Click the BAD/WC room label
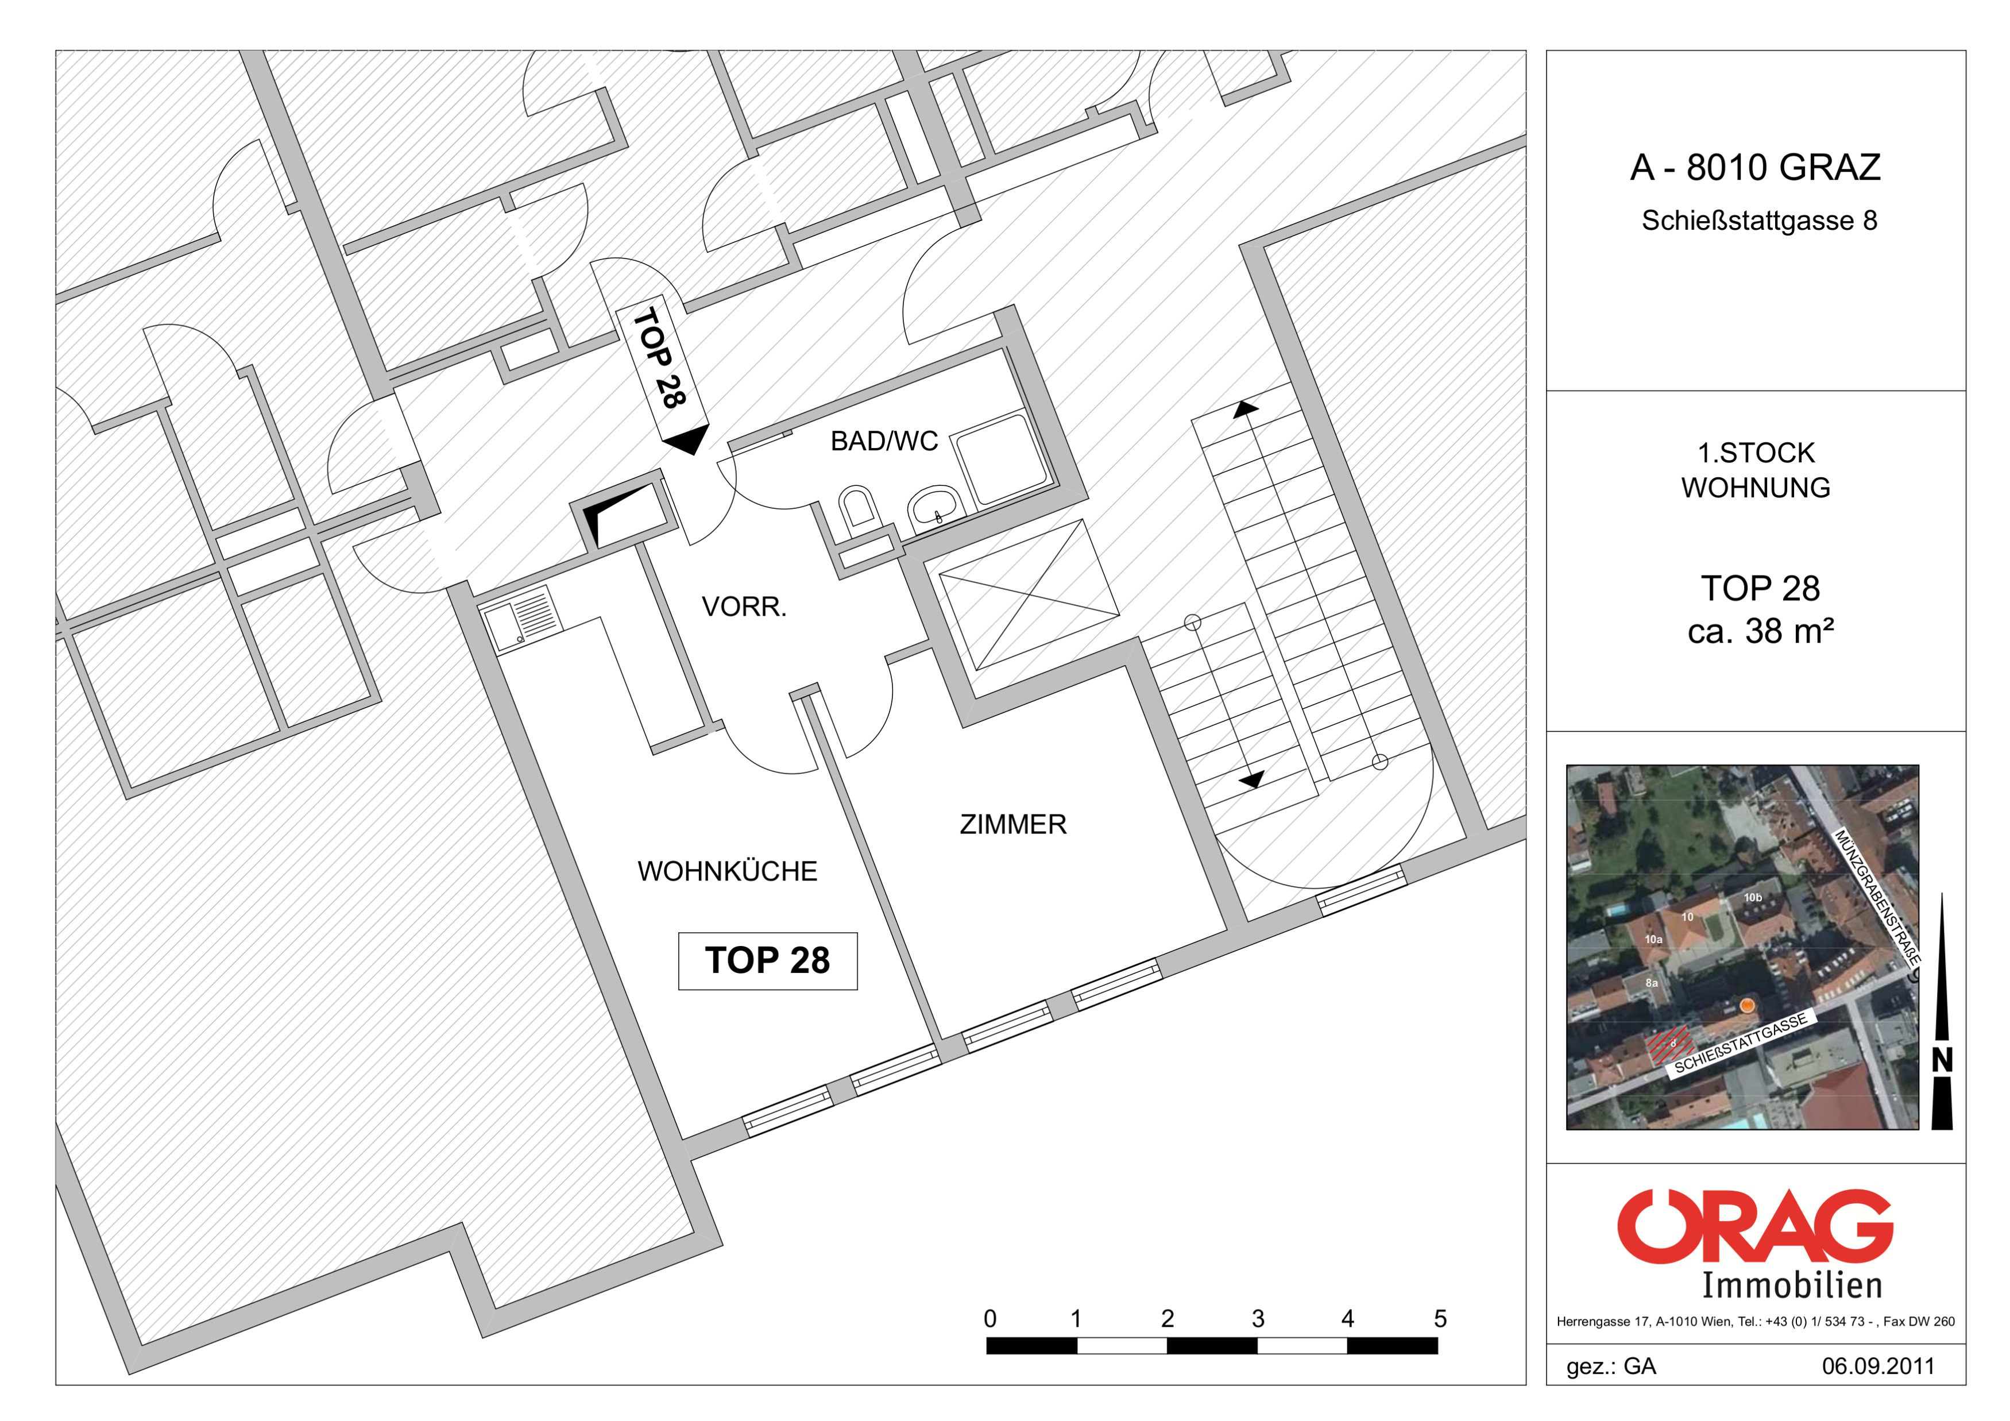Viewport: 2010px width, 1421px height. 884,441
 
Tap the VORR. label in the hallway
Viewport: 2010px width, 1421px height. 744,607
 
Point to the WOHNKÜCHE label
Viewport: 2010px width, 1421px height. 728,871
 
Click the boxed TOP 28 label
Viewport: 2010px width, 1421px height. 768,960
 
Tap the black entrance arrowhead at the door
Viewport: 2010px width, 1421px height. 687,439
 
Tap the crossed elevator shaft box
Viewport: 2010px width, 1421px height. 1028,594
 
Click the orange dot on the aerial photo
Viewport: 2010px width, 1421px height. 1748,1006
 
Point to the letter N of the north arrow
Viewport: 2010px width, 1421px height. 1942,1060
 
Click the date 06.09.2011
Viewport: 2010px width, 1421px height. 1878,1366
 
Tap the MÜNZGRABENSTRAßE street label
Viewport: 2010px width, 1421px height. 1877,897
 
